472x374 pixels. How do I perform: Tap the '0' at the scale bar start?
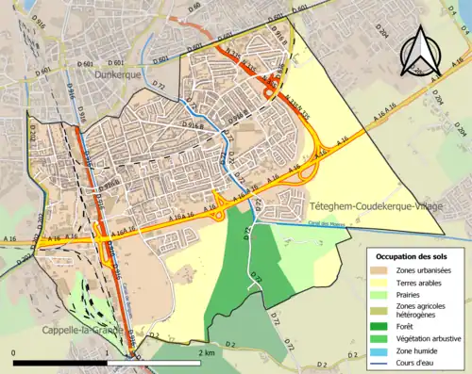[13, 351]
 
